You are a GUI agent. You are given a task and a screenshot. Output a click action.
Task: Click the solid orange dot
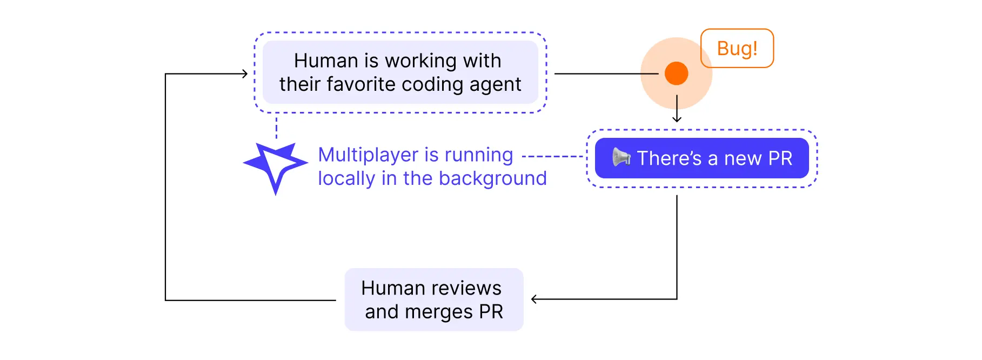[676, 74]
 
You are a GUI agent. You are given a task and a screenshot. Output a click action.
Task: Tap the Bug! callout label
[737, 48]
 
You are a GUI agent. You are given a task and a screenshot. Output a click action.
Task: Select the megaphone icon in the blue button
[621, 157]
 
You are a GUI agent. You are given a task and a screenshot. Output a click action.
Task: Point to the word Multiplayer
[369, 155]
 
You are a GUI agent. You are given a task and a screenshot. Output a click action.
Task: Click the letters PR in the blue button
[780, 158]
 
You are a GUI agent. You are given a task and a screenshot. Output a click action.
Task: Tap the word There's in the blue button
[669, 158]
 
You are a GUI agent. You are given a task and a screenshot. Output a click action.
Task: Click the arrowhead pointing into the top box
[245, 74]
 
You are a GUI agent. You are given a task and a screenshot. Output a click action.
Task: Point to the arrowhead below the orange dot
[677, 119]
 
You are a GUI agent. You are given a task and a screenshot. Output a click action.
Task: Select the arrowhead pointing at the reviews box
[534, 299]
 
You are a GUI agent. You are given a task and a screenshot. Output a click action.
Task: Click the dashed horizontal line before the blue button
[552, 157]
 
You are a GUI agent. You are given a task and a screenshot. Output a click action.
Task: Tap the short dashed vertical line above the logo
[276, 128]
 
